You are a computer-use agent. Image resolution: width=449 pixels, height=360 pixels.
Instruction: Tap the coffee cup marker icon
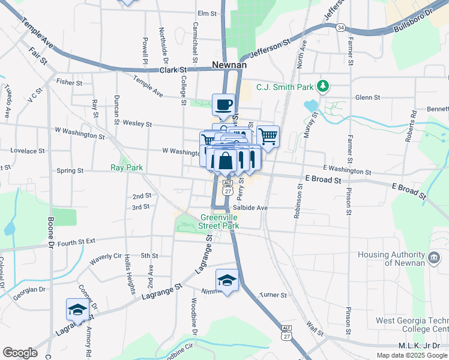click(223, 104)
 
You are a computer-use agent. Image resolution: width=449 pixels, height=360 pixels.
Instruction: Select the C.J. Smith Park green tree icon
click(323, 86)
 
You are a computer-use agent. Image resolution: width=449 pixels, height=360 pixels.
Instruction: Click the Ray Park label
click(127, 167)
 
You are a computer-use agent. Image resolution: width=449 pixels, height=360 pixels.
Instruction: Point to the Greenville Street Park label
click(220, 221)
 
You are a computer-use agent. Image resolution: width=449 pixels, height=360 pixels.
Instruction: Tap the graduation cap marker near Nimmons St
click(227, 280)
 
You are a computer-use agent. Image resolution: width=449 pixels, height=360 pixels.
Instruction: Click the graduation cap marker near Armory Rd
click(77, 309)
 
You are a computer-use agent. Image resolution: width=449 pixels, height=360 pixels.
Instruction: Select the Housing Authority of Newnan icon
click(435, 259)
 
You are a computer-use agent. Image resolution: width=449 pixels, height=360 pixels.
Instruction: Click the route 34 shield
click(340, 28)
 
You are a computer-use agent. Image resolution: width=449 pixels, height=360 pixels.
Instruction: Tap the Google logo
click(20, 353)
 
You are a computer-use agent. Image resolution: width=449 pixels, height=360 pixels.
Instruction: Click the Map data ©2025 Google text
click(412, 355)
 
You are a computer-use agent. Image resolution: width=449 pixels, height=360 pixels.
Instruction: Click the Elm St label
click(206, 13)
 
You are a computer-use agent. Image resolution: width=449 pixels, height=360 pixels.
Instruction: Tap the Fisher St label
click(68, 81)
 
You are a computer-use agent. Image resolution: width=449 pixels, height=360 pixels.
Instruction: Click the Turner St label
click(273, 295)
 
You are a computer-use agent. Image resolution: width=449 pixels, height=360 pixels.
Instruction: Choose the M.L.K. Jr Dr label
click(420, 346)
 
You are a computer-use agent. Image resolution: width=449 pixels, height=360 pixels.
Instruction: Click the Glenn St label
click(367, 97)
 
